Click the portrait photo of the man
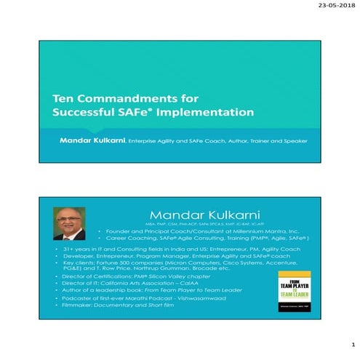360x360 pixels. pos(71,225)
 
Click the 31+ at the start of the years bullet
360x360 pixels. pos(65,249)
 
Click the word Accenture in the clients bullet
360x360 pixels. pos(287,263)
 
